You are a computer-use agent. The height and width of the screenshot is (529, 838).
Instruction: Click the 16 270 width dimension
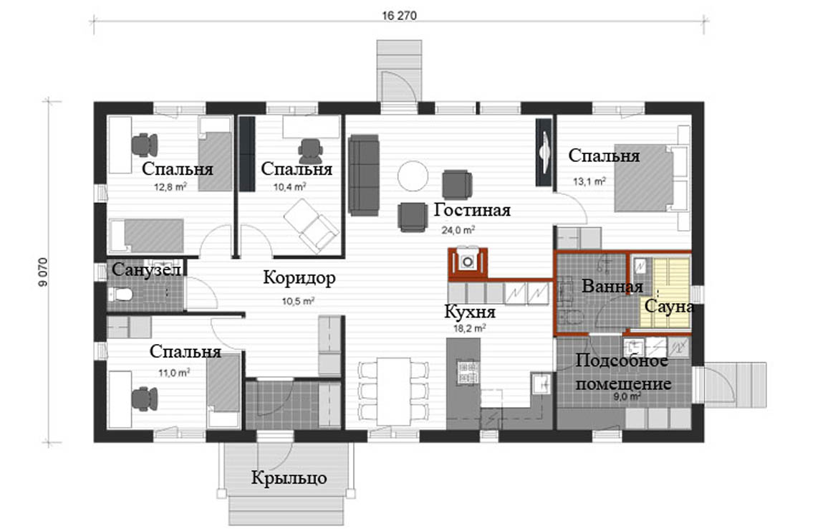coord(399,16)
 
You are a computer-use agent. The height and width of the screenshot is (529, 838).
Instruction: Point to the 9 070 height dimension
coord(43,272)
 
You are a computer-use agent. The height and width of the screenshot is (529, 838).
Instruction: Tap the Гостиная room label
coord(472,210)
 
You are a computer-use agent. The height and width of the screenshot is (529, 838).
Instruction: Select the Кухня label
coord(470,311)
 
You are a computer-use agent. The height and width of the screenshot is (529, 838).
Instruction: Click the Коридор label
coord(299,278)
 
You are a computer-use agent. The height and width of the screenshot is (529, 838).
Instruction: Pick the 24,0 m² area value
coord(458,230)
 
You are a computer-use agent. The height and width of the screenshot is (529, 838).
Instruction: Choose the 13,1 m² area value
coord(589,181)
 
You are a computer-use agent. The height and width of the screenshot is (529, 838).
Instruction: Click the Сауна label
coord(669,307)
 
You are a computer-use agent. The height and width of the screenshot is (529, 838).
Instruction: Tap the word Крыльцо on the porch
coord(289,477)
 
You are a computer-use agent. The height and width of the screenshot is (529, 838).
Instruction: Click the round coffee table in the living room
coord(413,176)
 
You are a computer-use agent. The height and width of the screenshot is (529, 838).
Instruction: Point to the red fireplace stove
coord(468,262)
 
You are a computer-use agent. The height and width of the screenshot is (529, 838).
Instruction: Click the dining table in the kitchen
coord(392,391)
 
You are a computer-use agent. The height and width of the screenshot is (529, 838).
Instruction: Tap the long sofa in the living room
coord(364,175)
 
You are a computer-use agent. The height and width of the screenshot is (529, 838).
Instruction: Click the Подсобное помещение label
coord(622,372)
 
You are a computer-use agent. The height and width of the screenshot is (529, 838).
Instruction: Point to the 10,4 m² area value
coord(289,186)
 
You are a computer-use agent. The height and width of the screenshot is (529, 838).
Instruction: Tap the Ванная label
coord(612,287)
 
